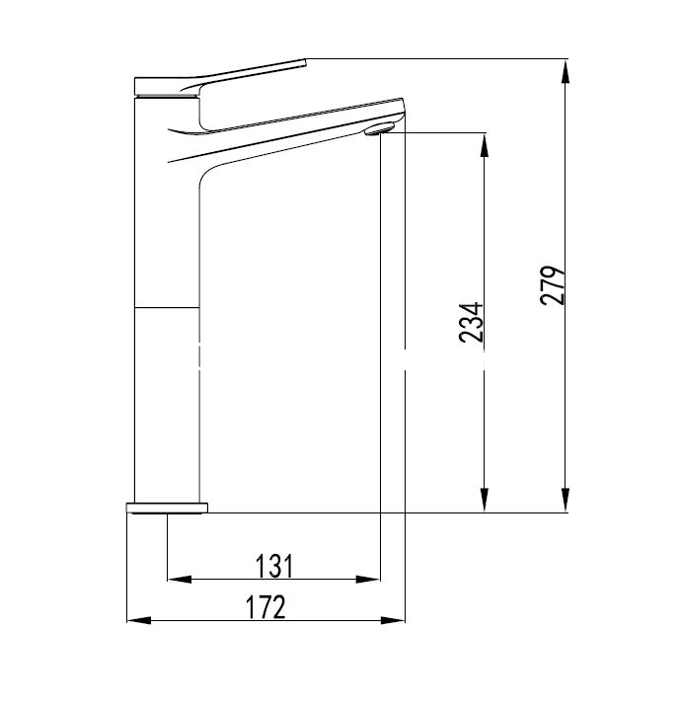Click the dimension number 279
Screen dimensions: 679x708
pos(553,285)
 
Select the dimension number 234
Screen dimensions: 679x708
pos(472,322)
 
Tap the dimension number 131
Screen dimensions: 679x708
pos(274,566)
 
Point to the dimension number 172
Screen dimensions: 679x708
pos(265,607)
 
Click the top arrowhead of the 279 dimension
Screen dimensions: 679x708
pos(565,71)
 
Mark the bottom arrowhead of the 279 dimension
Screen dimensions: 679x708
pos(565,500)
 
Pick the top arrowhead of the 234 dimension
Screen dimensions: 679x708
pos(485,145)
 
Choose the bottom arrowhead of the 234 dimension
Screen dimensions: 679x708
pos(485,500)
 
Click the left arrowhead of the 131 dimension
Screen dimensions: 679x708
pos(180,580)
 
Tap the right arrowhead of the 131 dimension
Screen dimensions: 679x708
pos(368,580)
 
